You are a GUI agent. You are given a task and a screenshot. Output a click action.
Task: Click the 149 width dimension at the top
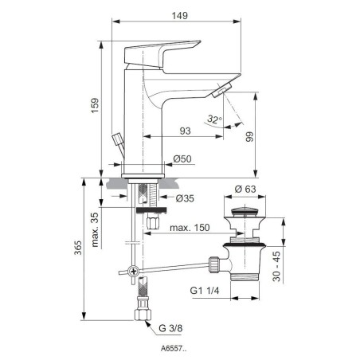[180, 16]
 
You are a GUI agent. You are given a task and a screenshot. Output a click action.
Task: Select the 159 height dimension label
[95, 106]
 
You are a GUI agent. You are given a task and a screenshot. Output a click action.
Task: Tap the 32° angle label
[214, 119]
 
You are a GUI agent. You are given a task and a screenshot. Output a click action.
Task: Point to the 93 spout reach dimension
[185, 131]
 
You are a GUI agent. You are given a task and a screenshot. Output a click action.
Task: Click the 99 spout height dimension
[249, 137]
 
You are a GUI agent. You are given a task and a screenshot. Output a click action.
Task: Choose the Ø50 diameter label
[182, 158]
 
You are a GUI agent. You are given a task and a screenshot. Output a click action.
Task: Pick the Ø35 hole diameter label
[185, 198]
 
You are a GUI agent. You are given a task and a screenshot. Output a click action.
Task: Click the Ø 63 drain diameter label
[245, 189]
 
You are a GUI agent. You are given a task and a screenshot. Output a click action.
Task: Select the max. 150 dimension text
[190, 228]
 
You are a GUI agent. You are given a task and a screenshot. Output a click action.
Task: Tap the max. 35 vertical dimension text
[95, 229]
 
